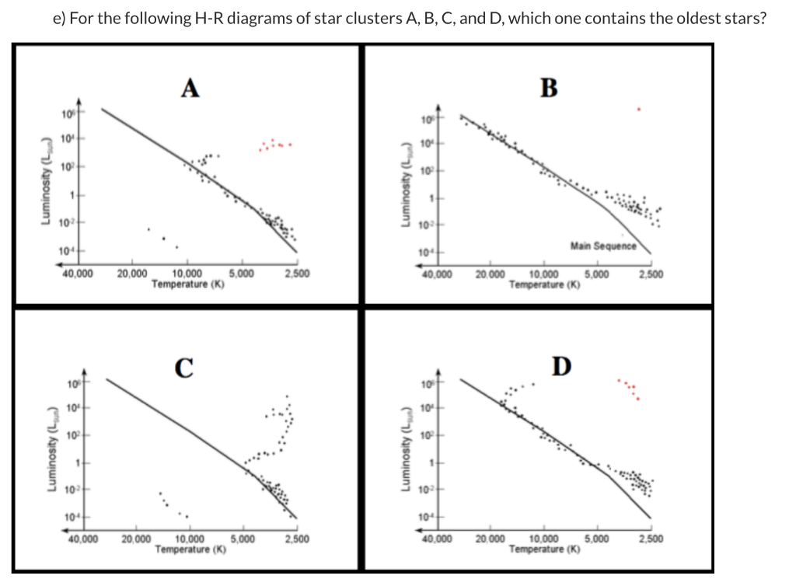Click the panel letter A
coord(189,88)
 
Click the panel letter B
coord(548,85)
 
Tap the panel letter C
coord(183,367)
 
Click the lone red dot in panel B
coord(638,110)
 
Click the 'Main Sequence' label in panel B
coord(602,246)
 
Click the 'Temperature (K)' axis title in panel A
coord(188,284)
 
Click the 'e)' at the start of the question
coord(59,18)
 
